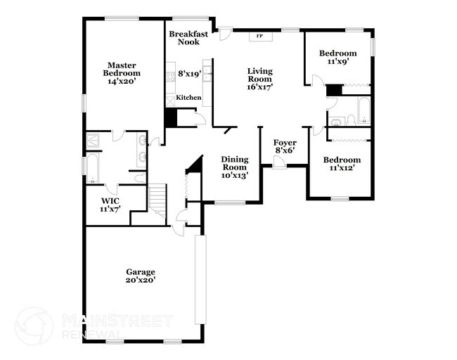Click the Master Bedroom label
pos(122,69)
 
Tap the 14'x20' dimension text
pos(122,82)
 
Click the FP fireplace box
pos(259,36)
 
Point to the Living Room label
pos(259,75)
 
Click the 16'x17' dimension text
pos(259,87)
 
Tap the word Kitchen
pos(188,98)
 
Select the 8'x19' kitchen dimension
pos(190,73)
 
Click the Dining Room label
pos(234,163)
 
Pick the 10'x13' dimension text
pos(234,176)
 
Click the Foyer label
pos(285,143)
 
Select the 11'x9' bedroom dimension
pos(337,62)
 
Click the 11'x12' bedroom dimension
pos(342,168)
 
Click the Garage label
pos(141,271)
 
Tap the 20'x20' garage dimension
pos(141,280)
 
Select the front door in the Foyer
pos(279,163)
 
